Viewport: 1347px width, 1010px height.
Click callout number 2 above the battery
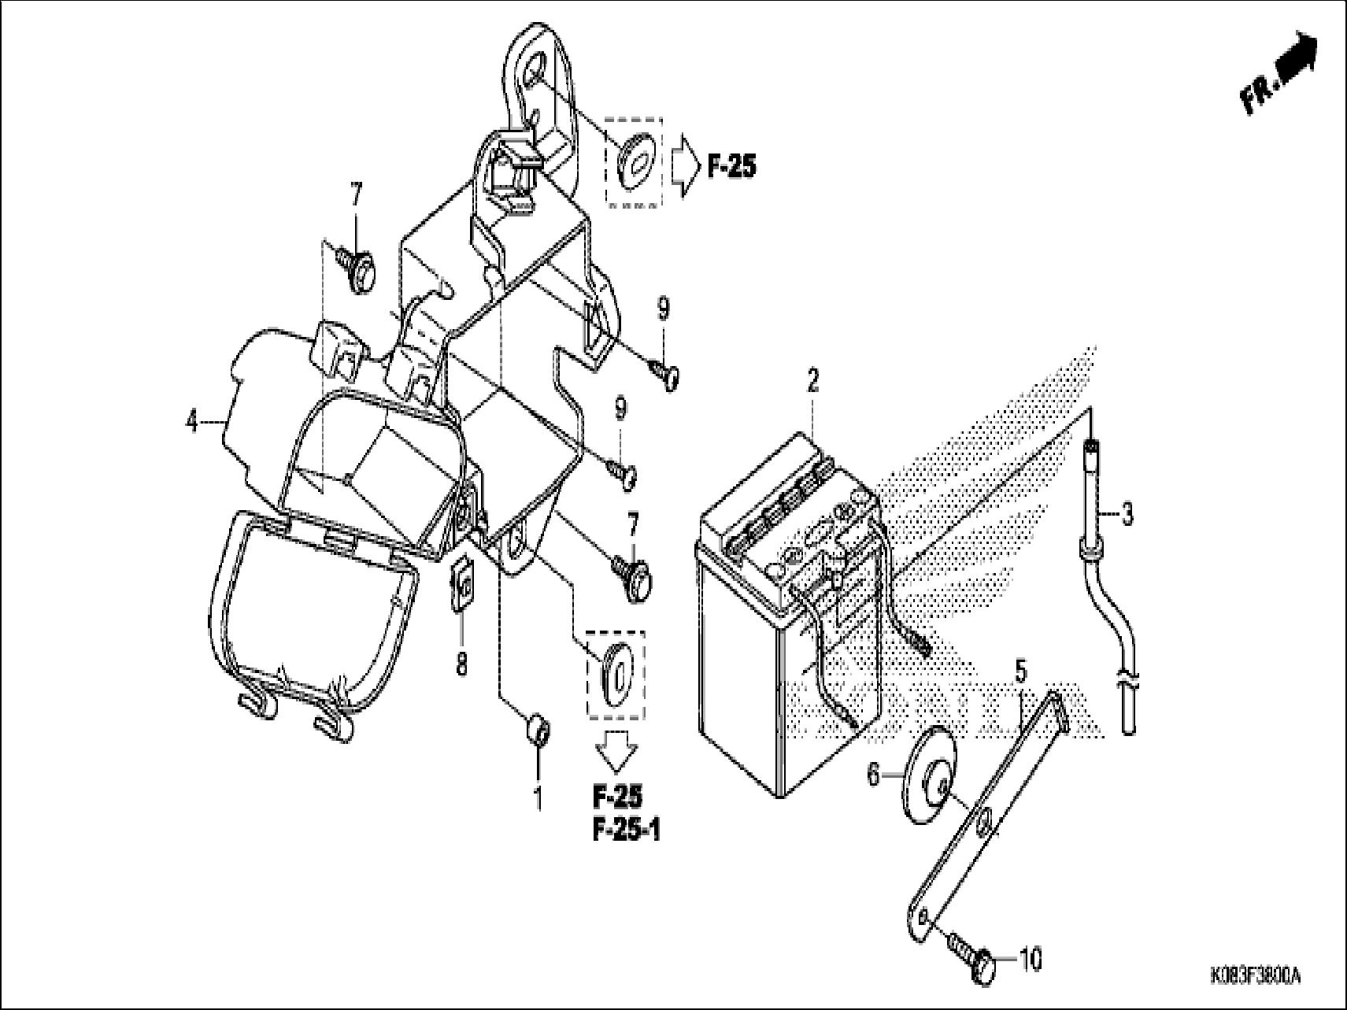pos(812,383)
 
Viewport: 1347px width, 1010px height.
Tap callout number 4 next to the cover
pos(191,422)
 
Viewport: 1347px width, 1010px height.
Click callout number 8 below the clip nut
pos(461,664)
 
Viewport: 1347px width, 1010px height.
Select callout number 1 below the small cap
pos(539,798)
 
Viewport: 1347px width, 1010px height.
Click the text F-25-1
pos(627,831)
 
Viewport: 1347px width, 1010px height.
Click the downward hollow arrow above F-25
pos(616,750)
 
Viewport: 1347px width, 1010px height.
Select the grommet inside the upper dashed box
pos(633,165)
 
